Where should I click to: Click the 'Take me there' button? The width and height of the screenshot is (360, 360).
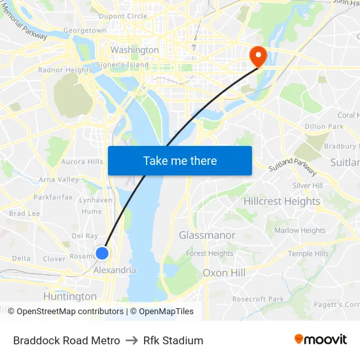click(180, 160)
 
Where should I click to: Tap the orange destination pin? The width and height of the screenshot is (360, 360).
click(258, 56)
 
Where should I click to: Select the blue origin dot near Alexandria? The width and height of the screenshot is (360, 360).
click(102, 253)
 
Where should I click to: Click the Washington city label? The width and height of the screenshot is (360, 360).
click(134, 50)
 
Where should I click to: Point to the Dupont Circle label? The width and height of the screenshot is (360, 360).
click(122, 16)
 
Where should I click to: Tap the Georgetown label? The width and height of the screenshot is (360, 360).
click(85, 30)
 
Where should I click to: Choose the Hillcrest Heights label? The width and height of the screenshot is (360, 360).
click(282, 201)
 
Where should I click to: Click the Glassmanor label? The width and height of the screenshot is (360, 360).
click(207, 235)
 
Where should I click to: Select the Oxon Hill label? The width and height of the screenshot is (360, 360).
click(224, 272)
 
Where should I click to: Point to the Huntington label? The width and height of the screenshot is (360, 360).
click(69, 297)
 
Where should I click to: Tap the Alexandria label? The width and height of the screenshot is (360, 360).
click(115, 270)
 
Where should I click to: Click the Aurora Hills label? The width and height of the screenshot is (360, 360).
click(82, 162)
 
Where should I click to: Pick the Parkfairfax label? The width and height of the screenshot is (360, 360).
click(54, 196)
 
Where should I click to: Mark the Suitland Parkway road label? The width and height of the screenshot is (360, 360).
click(293, 169)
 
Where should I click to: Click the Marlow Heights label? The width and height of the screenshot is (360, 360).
click(300, 230)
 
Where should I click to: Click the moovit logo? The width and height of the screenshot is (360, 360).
click(321, 340)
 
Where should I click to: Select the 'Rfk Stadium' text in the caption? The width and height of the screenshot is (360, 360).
click(173, 340)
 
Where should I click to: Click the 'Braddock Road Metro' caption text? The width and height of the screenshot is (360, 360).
click(67, 340)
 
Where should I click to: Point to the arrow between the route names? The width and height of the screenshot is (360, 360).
click(132, 340)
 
